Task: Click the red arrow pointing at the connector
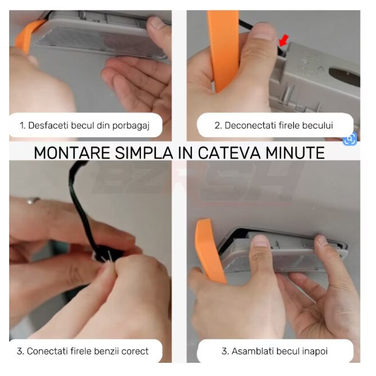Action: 284,40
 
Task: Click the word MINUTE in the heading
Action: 295,152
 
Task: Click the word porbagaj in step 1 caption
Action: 131,126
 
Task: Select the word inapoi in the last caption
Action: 316,351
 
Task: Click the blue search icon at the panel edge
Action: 350,139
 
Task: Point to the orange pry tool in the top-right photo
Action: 224,50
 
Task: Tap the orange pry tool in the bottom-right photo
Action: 209,250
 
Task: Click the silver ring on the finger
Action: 33,200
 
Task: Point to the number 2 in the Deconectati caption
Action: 218,126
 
